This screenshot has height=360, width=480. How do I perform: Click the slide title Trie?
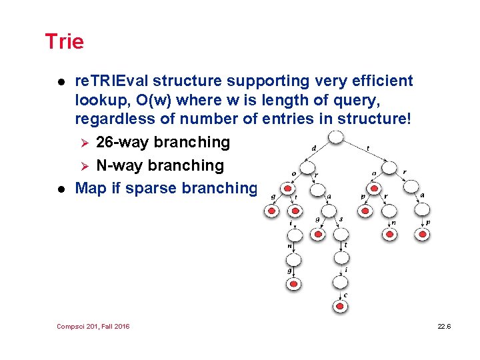64,42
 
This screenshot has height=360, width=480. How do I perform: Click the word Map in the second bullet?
91,188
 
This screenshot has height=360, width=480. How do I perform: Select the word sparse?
149,188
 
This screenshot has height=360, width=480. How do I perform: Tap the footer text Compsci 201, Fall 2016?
94,326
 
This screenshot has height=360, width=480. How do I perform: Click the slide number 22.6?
444,326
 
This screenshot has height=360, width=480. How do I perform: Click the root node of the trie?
336,137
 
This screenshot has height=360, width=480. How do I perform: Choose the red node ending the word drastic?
341,305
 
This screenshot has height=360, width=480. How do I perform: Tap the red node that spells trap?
422,233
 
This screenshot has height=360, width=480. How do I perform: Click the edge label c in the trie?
345,295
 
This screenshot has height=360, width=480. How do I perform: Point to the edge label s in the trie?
340,219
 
